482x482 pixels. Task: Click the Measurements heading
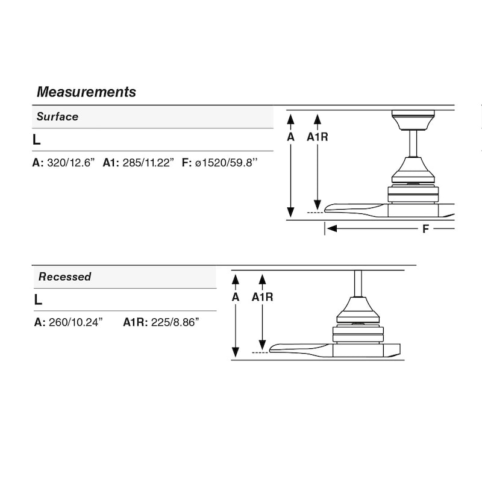coord(86,92)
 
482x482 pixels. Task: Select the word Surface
coord(57,116)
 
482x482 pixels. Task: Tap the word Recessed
coord(65,277)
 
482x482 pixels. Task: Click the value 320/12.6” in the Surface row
coord(71,163)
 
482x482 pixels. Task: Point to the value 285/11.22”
coord(148,163)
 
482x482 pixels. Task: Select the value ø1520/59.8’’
coord(227,163)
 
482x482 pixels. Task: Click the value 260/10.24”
coord(76,322)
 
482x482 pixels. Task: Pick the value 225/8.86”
coord(175,322)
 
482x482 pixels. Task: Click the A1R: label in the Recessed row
coord(136,322)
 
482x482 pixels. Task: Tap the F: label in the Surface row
coord(187,163)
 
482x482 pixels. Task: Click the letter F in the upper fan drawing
coord(425,229)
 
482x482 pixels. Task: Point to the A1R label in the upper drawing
coord(318,137)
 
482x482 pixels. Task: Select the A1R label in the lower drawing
coord(262,297)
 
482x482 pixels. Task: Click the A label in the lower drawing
coord(236,297)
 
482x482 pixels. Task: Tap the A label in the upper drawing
coord(290,137)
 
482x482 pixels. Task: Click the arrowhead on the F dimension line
coord(332,228)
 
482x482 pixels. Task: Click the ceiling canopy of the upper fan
coord(413,120)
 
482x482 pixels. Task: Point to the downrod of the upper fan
coord(413,143)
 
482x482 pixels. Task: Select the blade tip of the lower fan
coord(272,349)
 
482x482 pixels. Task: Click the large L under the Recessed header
coord(38,299)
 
